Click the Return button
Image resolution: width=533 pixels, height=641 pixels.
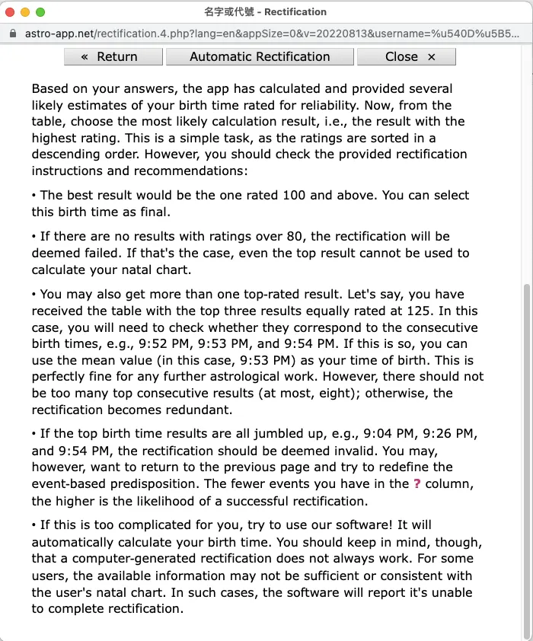113,56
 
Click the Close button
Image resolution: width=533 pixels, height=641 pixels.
406,56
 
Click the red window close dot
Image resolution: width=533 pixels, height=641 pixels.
10,12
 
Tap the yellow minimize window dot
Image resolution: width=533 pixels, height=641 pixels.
25,12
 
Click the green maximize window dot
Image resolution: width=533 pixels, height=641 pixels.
40,12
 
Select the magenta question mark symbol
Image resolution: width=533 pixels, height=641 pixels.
417,483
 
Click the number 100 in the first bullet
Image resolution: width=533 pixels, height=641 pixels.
294,196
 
